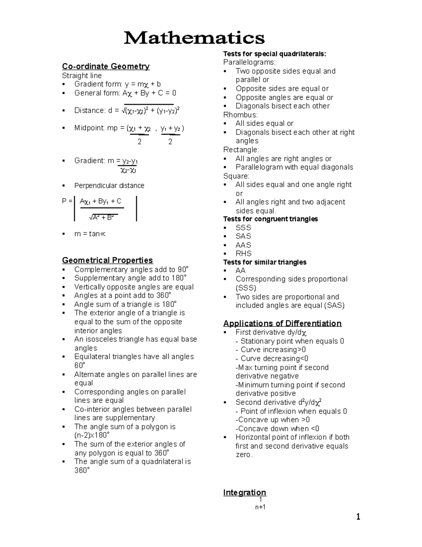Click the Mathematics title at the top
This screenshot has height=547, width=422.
click(x=194, y=38)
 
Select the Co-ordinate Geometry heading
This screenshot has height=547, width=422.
click(x=105, y=66)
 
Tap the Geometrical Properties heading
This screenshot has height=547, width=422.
click(x=107, y=260)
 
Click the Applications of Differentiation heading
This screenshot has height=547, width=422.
click(x=282, y=323)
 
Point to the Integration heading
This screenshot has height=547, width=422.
click(x=244, y=492)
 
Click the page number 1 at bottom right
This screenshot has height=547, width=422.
click(x=358, y=517)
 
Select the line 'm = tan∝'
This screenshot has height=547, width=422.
click(x=90, y=234)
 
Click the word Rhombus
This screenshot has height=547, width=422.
click(x=240, y=115)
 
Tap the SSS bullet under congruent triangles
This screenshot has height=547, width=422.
click(x=243, y=228)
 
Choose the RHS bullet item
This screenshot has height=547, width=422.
click(x=243, y=254)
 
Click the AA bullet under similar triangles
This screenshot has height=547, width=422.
click(x=241, y=271)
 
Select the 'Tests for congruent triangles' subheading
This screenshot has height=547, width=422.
click(x=270, y=219)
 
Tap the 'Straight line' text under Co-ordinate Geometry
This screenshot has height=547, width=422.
click(x=82, y=76)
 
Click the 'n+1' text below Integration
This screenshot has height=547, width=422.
click(x=260, y=507)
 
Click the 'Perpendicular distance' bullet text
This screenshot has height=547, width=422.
click(x=109, y=186)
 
